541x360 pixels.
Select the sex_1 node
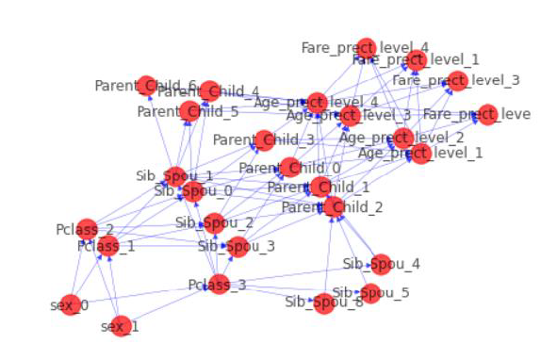(120, 326)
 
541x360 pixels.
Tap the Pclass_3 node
(219, 284)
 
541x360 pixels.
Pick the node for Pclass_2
(87, 229)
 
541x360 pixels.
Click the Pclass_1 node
(107, 247)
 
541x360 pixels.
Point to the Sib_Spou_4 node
(381, 264)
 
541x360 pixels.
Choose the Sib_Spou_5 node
(370, 293)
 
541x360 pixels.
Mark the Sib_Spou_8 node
(325, 302)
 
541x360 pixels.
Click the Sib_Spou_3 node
(238, 247)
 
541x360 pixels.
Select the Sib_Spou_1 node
(176, 175)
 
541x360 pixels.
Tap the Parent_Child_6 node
(146, 86)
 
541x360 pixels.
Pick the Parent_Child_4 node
(210, 90)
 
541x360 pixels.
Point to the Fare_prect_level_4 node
(366, 47)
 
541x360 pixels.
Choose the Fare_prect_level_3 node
(457, 80)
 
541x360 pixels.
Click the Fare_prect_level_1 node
(417, 59)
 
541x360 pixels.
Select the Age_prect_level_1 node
(420, 153)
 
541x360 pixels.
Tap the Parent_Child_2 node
(333, 206)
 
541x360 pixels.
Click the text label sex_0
(68, 305)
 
